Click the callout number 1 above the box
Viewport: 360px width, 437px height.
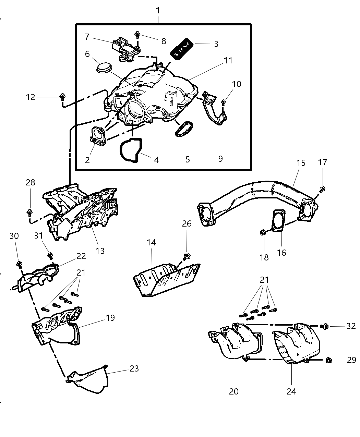click(158, 11)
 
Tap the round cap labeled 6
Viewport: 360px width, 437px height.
click(104, 68)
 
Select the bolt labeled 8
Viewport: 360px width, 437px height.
click(137, 34)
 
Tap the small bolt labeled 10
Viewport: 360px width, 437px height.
click(223, 102)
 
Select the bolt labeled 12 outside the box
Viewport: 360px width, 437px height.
click(62, 97)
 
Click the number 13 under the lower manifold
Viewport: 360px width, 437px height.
click(100, 251)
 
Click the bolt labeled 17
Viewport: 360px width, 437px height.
click(323, 189)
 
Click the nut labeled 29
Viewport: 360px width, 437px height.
click(328, 360)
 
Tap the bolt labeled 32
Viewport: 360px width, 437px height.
click(324, 326)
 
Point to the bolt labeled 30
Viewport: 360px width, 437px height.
click(19, 264)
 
